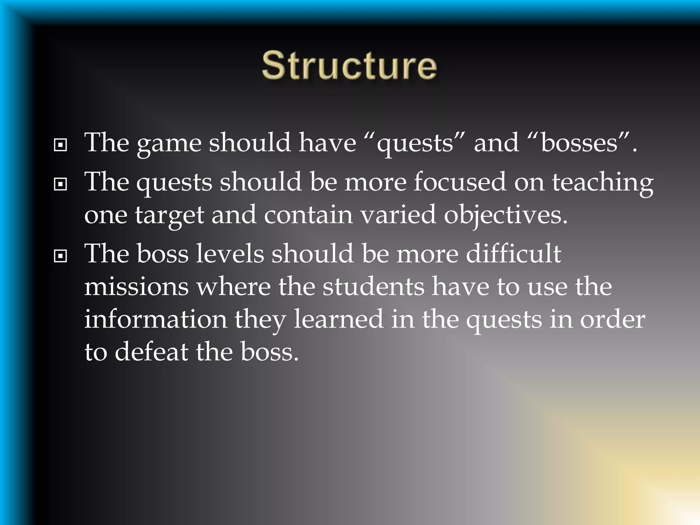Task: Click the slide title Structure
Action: point(349,65)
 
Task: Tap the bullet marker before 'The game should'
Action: point(60,145)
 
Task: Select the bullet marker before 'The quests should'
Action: point(60,185)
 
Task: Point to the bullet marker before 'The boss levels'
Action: point(60,256)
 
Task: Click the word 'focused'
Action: point(459,182)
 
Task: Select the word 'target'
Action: point(170,216)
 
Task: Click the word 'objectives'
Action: point(505,216)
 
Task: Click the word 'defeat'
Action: point(151,352)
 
